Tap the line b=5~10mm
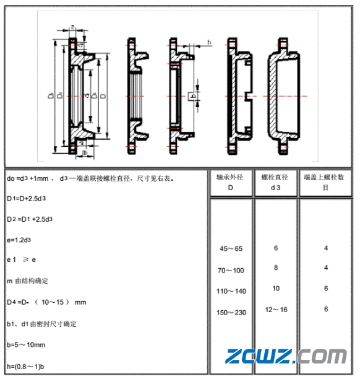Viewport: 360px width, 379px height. click(26, 344)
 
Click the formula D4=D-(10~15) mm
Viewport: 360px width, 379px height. click(46, 302)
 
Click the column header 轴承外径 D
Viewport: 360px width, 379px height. click(231, 182)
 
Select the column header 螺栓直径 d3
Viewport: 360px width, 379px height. click(275, 182)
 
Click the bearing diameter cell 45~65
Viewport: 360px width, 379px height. click(231, 248)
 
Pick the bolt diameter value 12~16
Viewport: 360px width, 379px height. click(275, 309)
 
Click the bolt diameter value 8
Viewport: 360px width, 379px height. click(275, 268)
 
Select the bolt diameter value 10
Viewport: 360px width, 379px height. click(275, 289)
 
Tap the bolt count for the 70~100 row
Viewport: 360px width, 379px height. click(325, 268)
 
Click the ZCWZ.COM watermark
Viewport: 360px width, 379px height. click(286, 357)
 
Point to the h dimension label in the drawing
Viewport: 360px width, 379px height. click(209, 42)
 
